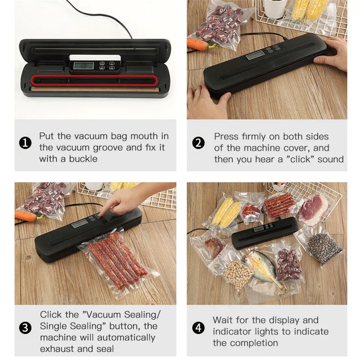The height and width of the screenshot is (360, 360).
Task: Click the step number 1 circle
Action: click(x=26, y=144)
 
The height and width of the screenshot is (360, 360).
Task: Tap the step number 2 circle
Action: click(x=198, y=144)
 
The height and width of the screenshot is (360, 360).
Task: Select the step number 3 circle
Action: click(x=26, y=328)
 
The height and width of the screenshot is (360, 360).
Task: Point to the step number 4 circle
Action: click(x=198, y=328)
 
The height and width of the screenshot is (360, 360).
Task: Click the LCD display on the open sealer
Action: click(x=83, y=66)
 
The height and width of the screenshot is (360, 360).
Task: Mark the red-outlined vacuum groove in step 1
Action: click(x=94, y=81)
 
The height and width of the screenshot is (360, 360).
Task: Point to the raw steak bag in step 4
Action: click(x=312, y=207)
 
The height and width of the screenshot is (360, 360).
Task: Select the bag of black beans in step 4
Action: click(x=324, y=247)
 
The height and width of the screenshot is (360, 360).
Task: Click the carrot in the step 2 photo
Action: click(x=201, y=44)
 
